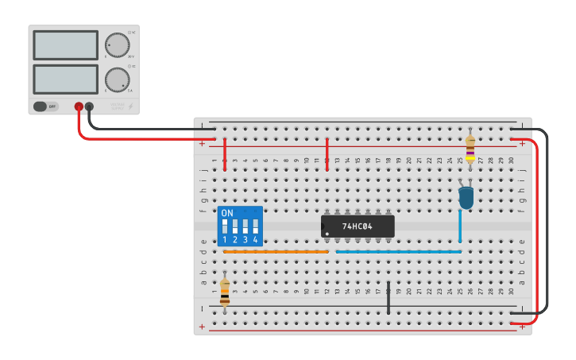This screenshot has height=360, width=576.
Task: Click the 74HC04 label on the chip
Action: point(358,226)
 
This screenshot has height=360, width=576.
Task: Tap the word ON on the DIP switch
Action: point(227,213)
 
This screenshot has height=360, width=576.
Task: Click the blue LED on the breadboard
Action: point(466,197)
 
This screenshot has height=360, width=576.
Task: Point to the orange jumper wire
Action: point(276,252)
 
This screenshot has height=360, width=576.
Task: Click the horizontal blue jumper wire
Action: point(398,252)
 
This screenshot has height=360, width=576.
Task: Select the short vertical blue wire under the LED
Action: point(459,226)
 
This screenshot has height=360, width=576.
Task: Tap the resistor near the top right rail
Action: point(470,148)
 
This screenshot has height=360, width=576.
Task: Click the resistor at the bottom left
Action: point(225,292)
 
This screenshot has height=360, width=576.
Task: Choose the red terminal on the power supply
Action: point(79,106)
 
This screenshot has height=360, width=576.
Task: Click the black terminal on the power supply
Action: point(89,106)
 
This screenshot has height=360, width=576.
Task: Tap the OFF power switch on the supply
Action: point(46,106)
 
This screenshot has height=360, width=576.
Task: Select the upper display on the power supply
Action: point(65,45)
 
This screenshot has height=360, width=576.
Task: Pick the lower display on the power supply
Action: point(65,79)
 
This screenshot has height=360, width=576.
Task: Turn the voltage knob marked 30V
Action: point(117,45)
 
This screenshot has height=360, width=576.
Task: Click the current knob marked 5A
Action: point(117,79)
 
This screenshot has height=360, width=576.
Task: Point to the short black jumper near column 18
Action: point(389,296)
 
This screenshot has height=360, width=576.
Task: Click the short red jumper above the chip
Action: point(327,153)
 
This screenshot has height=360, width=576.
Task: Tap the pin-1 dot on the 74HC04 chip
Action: point(327,233)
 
